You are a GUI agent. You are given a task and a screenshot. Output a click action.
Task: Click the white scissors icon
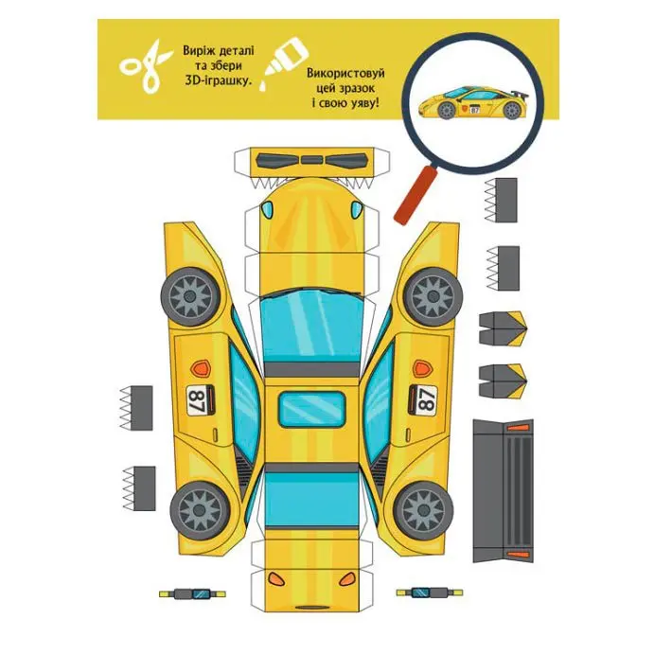(x=146, y=65)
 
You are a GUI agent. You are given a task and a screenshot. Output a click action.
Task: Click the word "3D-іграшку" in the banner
(x=219, y=80)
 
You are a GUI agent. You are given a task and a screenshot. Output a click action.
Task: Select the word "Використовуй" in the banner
(x=345, y=74)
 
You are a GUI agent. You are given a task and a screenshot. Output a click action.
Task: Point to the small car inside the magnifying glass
(x=473, y=102)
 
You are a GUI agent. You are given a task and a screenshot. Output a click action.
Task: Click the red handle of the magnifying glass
(x=415, y=196)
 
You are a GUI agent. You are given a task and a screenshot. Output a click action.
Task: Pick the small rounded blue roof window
(x=312, y=409)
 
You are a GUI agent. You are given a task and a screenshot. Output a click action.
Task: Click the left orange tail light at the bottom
(x=275, y=578)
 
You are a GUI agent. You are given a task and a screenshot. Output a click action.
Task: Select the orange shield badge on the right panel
(x=423, y=367)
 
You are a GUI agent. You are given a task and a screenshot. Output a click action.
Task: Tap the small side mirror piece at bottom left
(x=192, y=593)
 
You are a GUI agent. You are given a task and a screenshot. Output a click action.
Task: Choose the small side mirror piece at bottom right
(x=430, y=593)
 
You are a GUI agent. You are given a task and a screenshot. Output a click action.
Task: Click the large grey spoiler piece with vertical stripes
(x=504, y=491)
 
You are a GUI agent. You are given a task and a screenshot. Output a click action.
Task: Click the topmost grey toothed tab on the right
(x=501, y=200)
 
